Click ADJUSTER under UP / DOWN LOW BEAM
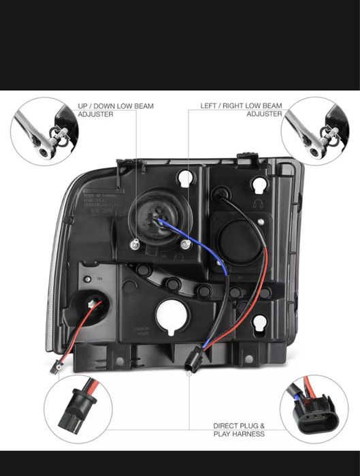95,114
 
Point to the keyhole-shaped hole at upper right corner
260,184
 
